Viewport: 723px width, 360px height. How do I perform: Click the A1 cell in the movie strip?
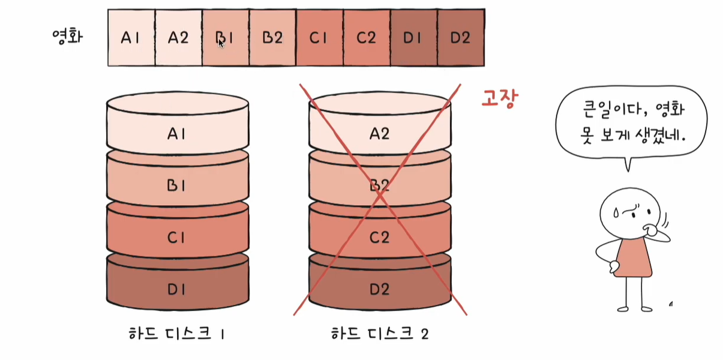pyautogui.click(x=131, y=38)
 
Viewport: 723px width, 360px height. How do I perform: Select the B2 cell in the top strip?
pyautogui.click(x=272, y=38)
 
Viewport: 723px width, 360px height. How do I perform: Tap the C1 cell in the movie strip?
pyautogui.click(x=319, y=38)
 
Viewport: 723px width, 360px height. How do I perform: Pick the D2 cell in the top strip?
pyautogui.click(x=460, y=38)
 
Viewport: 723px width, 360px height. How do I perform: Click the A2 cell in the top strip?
pyautogui.click(x=178, y=38)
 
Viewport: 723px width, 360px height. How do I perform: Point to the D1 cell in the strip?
pyautogui.click(x=413, y=38)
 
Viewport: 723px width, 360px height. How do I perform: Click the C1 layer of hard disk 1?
pyautogui.click(x=177, y=237)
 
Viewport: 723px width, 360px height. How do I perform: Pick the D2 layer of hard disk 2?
pyautogui.click(x=379, y=289)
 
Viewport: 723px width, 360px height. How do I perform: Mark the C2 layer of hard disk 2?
pyautogui.click(x=379, y=237)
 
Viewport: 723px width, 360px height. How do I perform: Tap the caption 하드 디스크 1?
pyautogui.click(x=177, y=334)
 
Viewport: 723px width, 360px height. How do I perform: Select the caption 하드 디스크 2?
pyautogui.click(x=379, y=334)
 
